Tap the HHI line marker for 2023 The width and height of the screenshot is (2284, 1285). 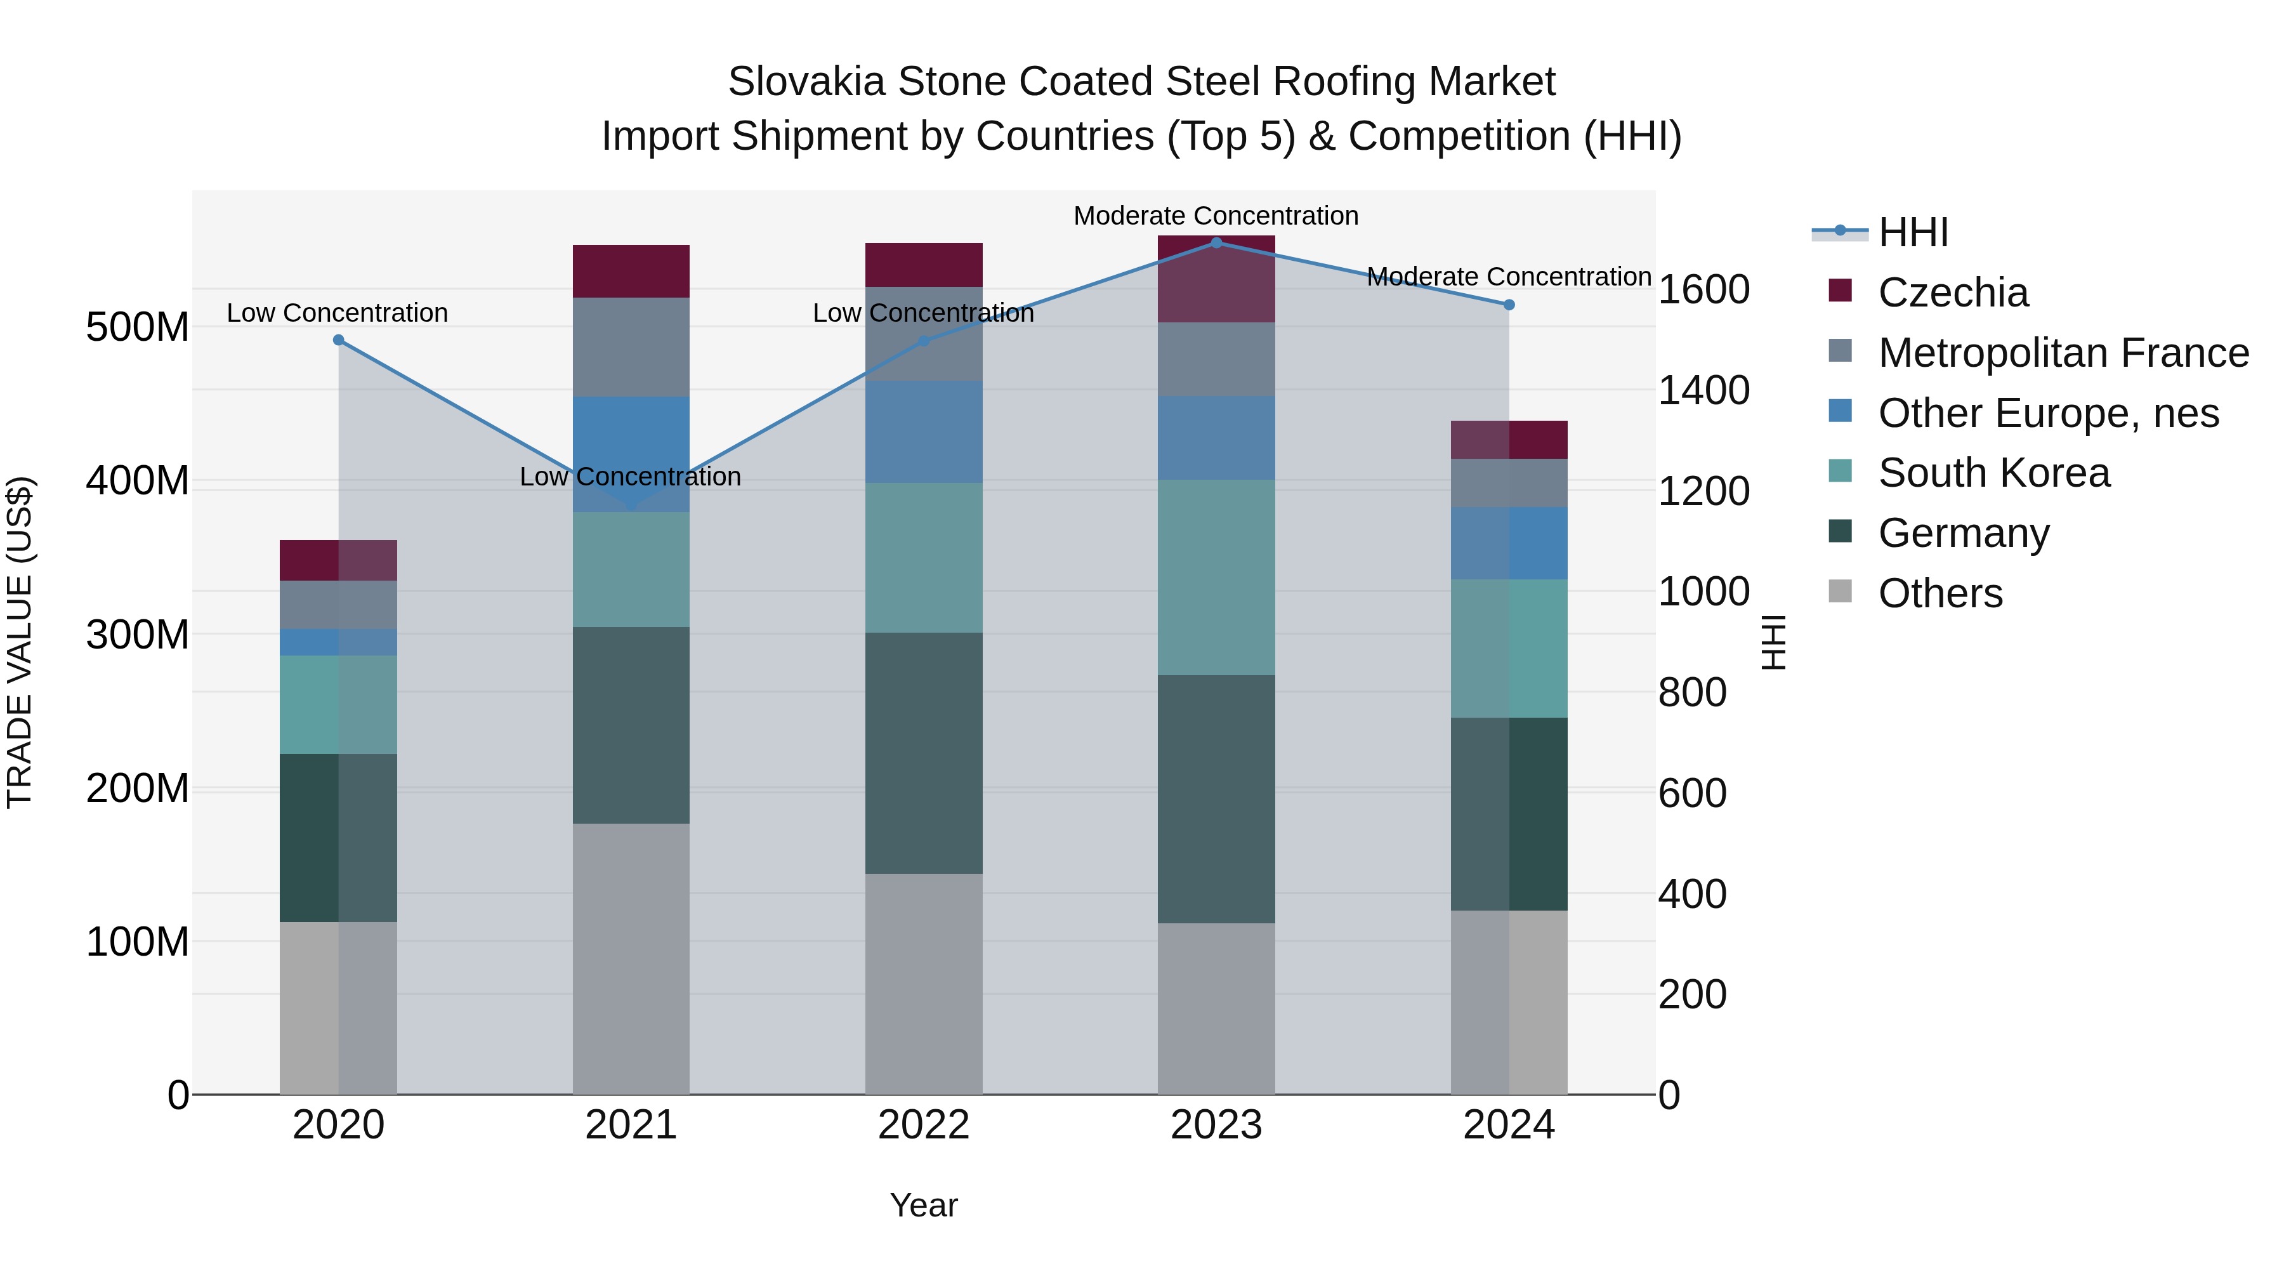pos(1216,243)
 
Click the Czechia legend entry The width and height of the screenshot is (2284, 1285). pos(1952,293)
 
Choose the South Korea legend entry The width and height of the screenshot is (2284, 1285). pos(1993,473)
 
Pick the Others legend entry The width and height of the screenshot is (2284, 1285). pos(1940,593)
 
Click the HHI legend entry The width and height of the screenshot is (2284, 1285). pos(1912,232)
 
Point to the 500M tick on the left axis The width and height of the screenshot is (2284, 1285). pos(138,327)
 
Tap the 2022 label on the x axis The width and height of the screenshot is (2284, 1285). pos(924,1125)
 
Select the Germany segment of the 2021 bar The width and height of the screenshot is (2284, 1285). pos(631,725)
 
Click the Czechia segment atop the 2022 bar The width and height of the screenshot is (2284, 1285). pos(924,264)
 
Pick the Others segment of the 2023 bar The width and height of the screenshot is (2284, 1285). pos(1216,1008)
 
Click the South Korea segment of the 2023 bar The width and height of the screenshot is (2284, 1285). pos(1216,577)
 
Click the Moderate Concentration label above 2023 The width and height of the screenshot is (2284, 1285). pos(1216,216)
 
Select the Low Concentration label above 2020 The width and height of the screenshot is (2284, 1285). pos(337,313)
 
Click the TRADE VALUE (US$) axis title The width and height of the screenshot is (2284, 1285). pos(20,642)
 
